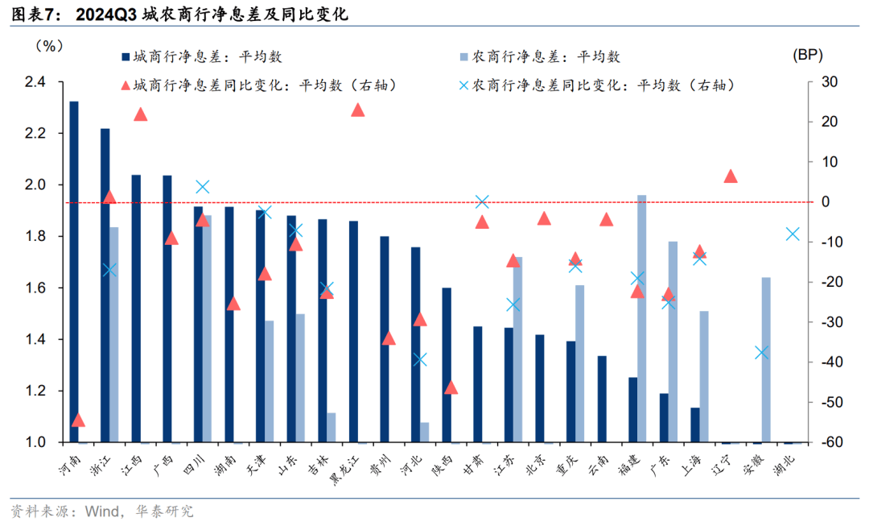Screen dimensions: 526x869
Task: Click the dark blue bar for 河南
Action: [74, 272]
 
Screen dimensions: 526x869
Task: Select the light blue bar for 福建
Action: [642, 318]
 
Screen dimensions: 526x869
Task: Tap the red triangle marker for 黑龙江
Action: [358, 110]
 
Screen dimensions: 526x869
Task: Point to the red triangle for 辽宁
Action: [731, 176]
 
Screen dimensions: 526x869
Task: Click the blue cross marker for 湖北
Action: [793, 234]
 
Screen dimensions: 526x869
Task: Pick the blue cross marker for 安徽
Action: [763, 352]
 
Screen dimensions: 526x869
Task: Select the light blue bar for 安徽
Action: [766, 359]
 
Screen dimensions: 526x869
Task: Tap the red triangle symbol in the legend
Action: [124, 85]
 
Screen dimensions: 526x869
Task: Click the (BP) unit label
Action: [808, 55]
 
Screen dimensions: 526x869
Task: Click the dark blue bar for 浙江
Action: [105, 285]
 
